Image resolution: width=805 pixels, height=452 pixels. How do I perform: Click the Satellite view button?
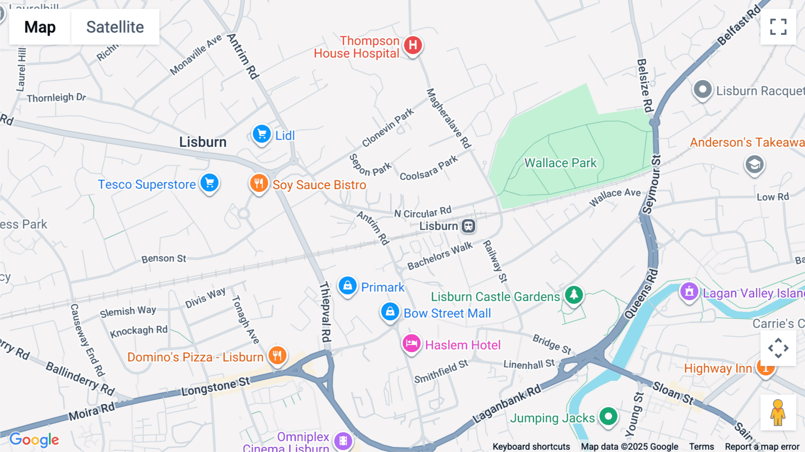pos(115,27)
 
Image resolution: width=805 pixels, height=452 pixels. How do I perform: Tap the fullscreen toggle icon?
pos(778,27)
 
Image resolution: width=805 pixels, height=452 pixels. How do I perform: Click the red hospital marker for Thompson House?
pos(413,45)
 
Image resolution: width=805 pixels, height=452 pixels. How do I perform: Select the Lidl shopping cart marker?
pos(262,134)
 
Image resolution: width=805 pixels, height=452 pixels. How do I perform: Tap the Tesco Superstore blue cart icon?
pos(209,183)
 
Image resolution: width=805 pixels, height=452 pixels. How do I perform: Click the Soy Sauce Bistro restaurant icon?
pos(259,183)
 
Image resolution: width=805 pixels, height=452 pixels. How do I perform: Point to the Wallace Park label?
pos(560,163)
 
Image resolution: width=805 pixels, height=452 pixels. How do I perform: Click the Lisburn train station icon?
pos(468,226)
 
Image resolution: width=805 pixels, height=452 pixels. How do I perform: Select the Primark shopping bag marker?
pos(347,286)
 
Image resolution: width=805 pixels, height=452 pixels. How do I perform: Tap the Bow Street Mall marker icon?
pos(390,311)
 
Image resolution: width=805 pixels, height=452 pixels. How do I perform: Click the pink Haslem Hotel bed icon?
pos(411,344)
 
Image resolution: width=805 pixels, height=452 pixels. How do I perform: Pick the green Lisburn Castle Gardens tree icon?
pos(574,295)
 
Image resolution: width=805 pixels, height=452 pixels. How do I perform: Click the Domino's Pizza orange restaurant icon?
pos(277,356)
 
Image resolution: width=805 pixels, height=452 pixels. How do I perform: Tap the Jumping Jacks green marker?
pos(608,417)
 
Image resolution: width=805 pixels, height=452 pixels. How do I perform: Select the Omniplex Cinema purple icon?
pos(343,440)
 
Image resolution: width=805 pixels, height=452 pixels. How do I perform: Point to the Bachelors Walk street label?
pos(440,256)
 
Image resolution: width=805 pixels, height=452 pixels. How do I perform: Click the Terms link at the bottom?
pos(701,447)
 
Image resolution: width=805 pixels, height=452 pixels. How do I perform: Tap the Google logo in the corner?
pos(34,440)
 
